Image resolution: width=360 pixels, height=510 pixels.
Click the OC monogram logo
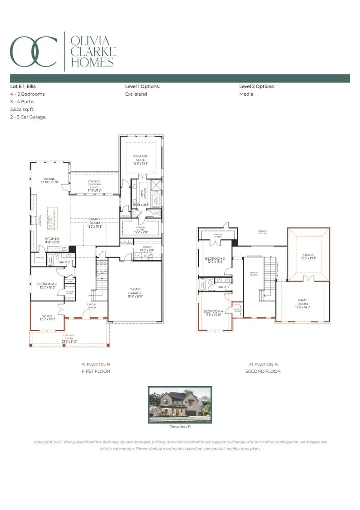click(34, 51)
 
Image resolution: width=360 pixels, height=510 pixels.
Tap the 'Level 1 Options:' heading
click(142, 86)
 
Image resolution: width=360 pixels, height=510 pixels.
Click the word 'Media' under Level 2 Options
click(246, 94)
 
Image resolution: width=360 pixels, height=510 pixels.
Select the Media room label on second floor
click(308, 256)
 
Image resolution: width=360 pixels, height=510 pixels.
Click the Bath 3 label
click(223, 287)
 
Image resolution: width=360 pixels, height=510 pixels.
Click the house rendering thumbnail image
click(180, 405)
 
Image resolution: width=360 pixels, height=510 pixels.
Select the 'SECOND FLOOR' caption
click(263, 371)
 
